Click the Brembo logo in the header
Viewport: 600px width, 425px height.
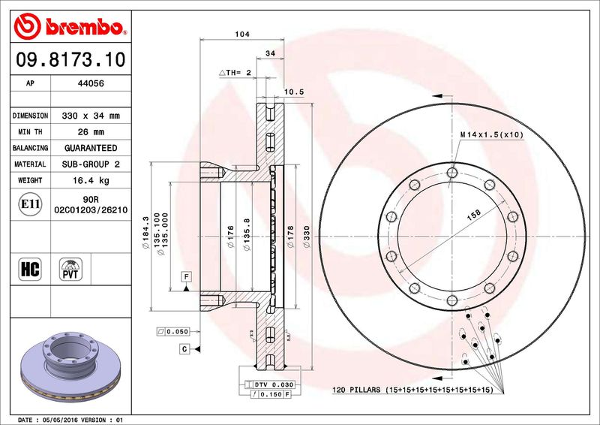click(x=70, y=26)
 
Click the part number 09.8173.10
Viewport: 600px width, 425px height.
click(x=70, y=60)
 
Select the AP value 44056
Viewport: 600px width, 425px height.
click(x=91, y=83)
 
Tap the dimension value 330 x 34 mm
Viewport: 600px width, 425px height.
click(x=91, y=116)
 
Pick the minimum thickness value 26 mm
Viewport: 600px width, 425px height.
click(x=91, y=132)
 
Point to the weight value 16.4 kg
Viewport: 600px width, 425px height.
click(x=91, y=180)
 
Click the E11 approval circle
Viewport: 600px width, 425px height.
click(x=30, y=204)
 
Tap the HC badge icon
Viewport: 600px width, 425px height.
click(x=30, y=269)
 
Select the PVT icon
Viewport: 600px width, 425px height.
click(x=70, y=269)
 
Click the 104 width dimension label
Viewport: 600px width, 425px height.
click(x=242, y=34)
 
